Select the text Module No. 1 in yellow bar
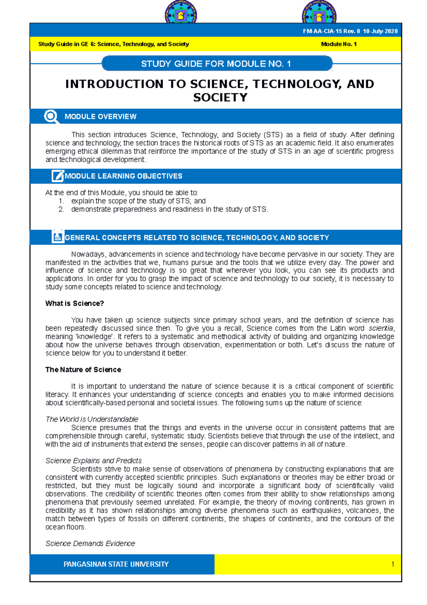pos(339,44)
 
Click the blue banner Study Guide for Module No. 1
pos(216,64)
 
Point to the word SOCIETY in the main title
pos(220,97)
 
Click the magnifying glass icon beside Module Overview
pos(51,117)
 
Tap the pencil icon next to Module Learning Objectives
pos(57,176)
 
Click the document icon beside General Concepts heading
pos(57,237)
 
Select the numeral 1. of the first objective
pos(61,201)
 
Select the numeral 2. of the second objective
pos(61,209)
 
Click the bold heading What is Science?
pos(74,303)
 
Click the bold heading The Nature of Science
pos(83,369)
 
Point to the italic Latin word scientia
pos(381,328)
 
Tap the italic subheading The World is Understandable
pos(91,419)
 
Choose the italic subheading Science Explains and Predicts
pos(93,460)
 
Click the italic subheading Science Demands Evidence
pos(90,543)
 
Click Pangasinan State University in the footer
pos(116,564)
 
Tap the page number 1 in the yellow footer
pos(392,564)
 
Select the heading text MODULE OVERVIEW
pos(100,117)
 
